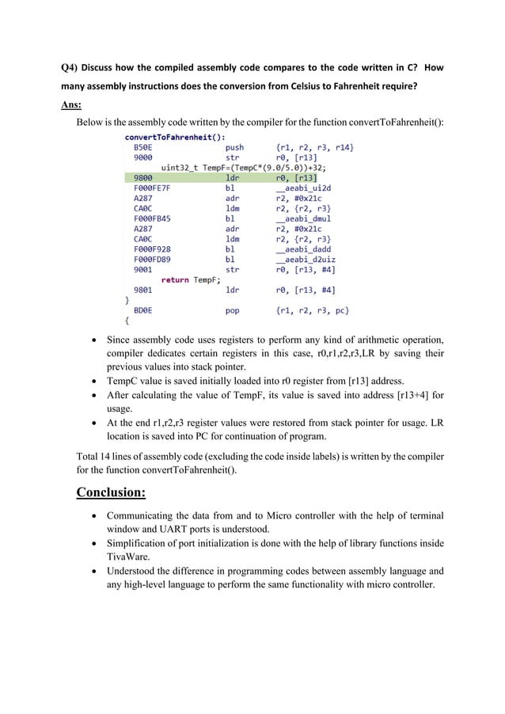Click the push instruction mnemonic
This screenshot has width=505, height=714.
point(235,147)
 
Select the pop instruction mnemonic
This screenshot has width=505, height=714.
point(233,311)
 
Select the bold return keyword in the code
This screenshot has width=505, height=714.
point(175,280)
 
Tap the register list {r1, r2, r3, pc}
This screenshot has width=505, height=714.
point(313,311)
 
